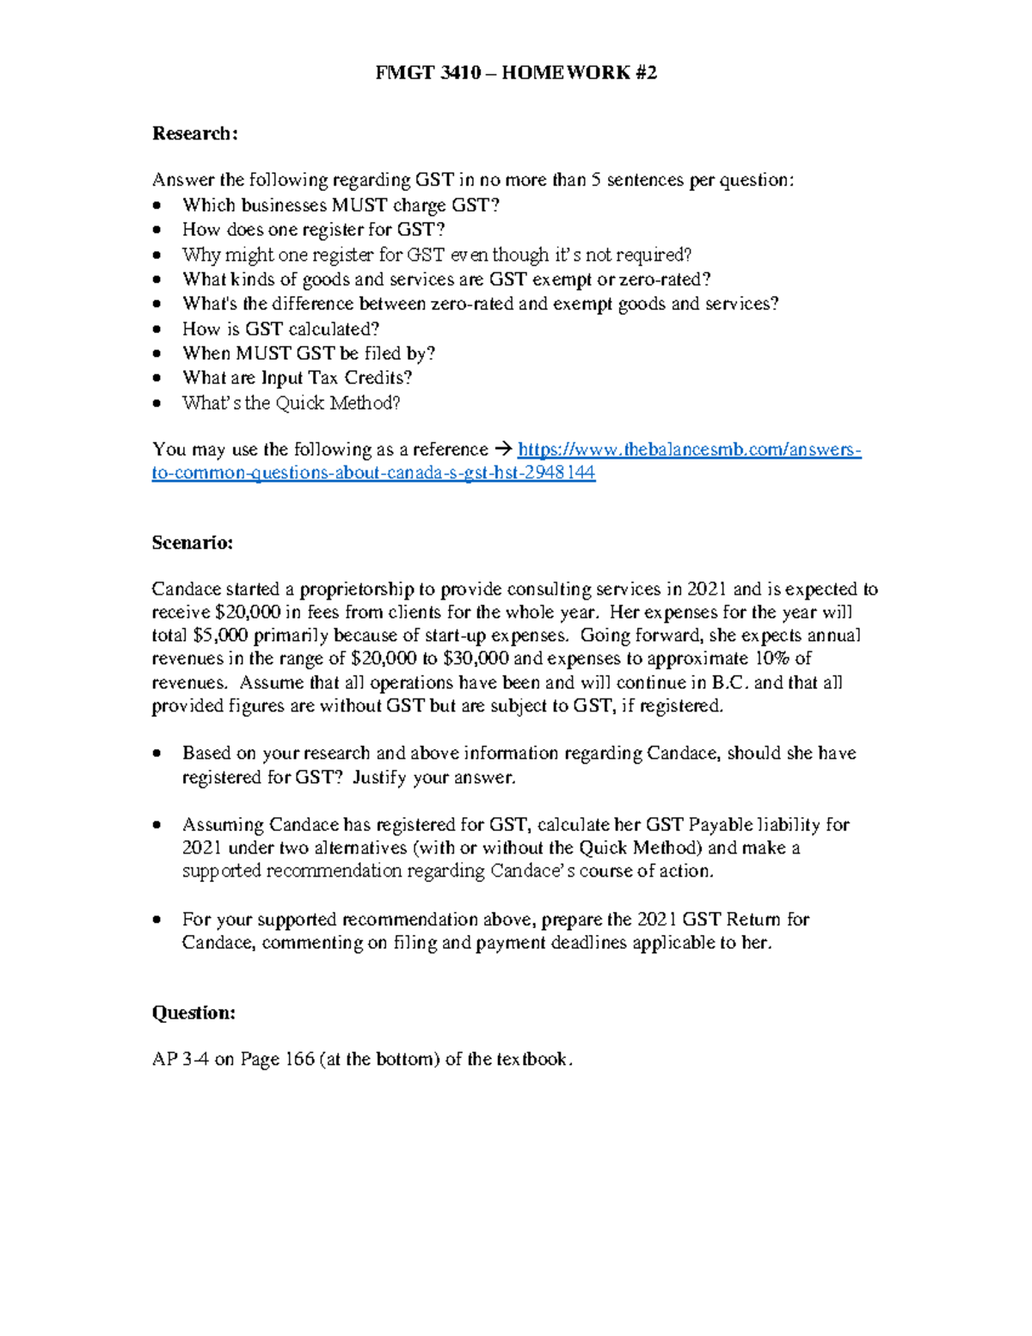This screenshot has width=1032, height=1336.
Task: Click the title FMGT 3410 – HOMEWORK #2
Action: [x=516, y=72]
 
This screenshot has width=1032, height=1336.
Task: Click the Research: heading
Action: [x=194, y=133]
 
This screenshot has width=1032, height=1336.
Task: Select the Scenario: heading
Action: [x=192, y=543]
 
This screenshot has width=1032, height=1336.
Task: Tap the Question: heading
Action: [x=193, y=1013]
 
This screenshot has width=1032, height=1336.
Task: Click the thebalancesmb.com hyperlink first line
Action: [x=689, y=450]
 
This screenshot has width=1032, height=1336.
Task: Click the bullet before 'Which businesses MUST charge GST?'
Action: [x=156, y=206]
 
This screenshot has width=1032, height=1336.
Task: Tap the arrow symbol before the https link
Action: [x=503, y=449]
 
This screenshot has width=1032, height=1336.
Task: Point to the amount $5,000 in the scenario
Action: [x=221, y=636]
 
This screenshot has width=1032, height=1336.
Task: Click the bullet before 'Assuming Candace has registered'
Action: [x=156, y=825]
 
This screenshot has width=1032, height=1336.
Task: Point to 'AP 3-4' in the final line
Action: [x=181, y=1059]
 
